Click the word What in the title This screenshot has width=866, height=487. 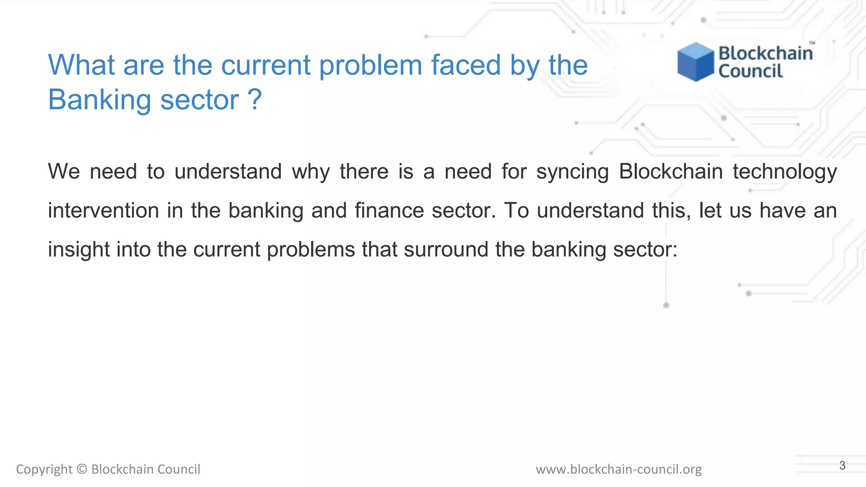(x=81, y=65)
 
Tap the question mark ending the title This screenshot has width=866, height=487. (x=255, y=100)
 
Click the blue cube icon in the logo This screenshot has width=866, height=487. (x=695, y=62)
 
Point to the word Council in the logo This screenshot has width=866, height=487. (x=751, y=71)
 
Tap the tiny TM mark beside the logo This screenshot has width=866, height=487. (x=812, y=43)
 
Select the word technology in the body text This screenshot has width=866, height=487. (x=785, y=172)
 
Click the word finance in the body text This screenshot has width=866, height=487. (x=389, y=211)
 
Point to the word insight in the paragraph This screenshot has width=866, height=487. (x=79, y=249)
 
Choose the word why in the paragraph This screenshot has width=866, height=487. (x=311, y=172)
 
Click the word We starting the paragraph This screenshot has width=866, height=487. (x=64, y=172)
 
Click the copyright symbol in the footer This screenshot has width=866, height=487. (x=82, y=469)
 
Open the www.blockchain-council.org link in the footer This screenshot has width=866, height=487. (x=619, y=469)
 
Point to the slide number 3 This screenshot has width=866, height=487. (x=842, y=465)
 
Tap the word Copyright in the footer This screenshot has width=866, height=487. (x=44, y=469)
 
